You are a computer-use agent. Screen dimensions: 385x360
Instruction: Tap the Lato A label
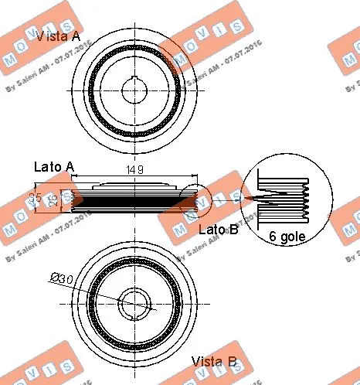(x=54, y=167)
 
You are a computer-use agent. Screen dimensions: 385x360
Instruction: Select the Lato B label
(x=218, y=229)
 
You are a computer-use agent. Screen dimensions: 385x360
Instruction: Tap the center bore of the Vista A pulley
(x=136, y=91)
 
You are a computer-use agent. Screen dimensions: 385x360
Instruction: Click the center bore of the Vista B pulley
(x=136, y=301)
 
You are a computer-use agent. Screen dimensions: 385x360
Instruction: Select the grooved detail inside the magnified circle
(x=287, y=199)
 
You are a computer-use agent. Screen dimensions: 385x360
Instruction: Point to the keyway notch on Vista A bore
(x=136, y=80)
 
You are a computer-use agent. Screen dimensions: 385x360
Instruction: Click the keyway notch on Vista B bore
(x=136, y=312)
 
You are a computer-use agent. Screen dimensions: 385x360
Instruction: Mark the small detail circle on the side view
(x=194, y=199)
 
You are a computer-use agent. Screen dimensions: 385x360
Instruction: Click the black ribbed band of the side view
(x=131, y=202)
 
